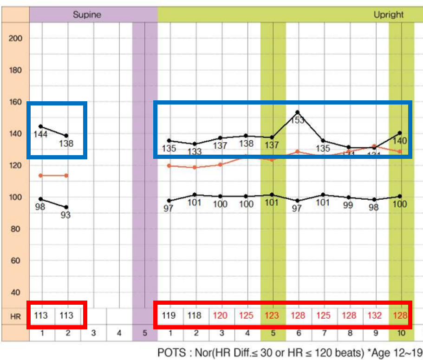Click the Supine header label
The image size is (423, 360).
coord(87,15)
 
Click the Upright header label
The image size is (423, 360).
coord(389,15)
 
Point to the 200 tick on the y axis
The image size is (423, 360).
coord(15,39)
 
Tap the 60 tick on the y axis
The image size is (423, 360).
coord(15,261)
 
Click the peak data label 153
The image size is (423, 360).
coord(298,120)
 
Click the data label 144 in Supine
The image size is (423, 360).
coord(41,134)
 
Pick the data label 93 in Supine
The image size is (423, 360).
coord(65,215)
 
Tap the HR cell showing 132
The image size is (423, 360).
coord(375,316)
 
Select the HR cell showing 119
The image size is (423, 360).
coord(169,316)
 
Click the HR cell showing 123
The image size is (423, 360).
coord(273,316)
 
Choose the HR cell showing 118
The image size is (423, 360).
coord(195,316)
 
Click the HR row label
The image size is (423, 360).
coord(15,316)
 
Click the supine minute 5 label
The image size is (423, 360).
coord(144,333)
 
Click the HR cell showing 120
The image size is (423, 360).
coord(221,316)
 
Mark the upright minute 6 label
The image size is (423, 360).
coord(299,333)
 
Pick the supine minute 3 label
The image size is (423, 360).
coord(93,333)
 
